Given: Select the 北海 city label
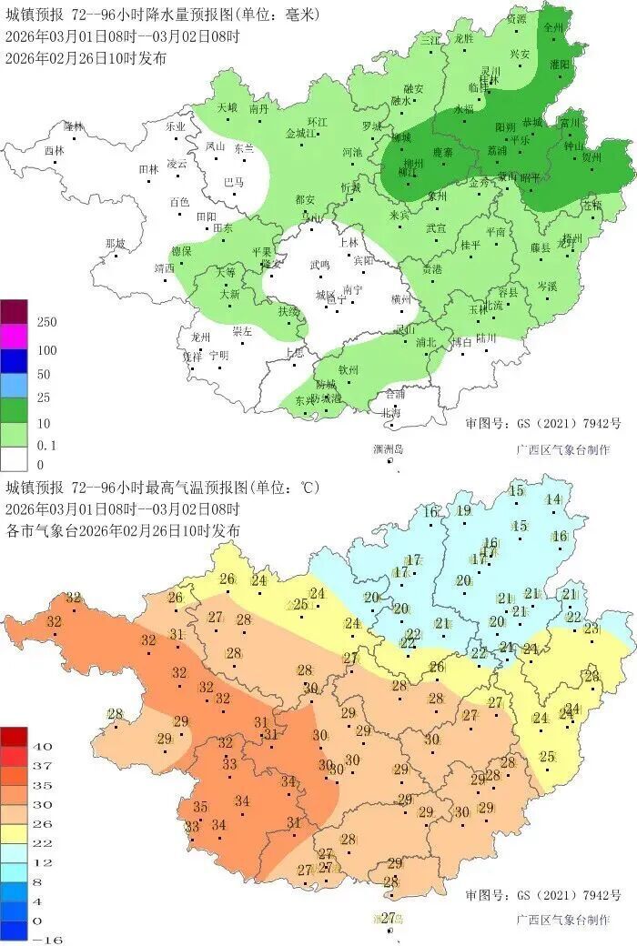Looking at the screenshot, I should tap(389, 412).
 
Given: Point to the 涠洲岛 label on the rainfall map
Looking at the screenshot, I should tap(388, 449).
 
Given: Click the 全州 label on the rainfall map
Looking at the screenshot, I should tap(553, 27).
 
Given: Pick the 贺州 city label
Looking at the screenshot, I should tap(591, 156).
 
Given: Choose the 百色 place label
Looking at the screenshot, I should tap(179, 202).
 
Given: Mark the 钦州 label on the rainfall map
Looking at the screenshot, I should tap(349, 369).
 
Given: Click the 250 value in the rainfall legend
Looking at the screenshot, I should tap(46, 323).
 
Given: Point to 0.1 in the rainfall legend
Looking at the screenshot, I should tap(46, 446).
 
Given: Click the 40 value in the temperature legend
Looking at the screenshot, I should tap(42, 746).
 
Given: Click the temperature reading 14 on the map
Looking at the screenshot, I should tap(552, 499).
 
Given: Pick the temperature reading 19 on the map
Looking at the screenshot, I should tap(463, 510).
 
